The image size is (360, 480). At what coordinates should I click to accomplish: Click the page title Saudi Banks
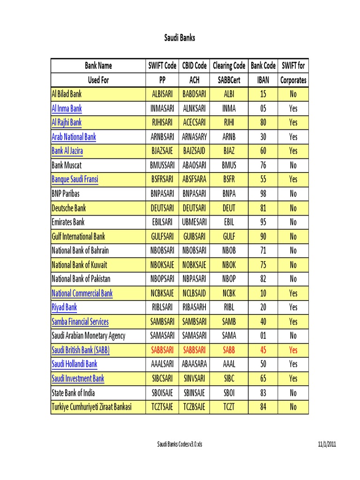pyautogui.click(x=180, y=38)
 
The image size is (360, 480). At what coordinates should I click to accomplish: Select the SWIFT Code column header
pyautogui.click(x=162, y=66)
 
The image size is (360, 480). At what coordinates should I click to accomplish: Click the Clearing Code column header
pyautogui.click(x=229, y=66)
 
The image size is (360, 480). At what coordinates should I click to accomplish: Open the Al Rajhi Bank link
pyautogui.click(x=66, y=122)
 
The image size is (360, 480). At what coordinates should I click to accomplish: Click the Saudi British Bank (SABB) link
pyautogui.click(x=80, y=350)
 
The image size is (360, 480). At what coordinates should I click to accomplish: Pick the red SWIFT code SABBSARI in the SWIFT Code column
pyautogui.click(x=162, y=350)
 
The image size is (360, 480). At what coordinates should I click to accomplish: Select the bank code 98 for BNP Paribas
pyautogui.click(x=263, y=194)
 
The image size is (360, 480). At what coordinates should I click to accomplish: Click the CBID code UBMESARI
pyautogui.click(x=194, y=222)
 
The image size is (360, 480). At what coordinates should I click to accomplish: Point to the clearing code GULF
pyautogui.click(x=229, y=236)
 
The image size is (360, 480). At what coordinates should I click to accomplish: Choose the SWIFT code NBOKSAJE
pyautogui.click(x=162, y=265)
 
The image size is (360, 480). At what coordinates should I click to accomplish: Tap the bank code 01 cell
pyautogui.click(x=263, y=336)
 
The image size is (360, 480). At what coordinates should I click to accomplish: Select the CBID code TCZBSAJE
pyautogui.click(x=194, y=407)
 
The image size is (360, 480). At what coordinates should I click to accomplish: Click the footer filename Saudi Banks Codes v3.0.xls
pyautogui.click(x=180, y=444)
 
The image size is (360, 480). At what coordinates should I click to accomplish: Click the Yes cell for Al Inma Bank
pyautogui.click(x=293, y=108)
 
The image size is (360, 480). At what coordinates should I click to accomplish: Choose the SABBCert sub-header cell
pyautogui.click(x=229, y=80)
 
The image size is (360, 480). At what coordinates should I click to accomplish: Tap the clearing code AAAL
pyautogui.click(x=229, y=364)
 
